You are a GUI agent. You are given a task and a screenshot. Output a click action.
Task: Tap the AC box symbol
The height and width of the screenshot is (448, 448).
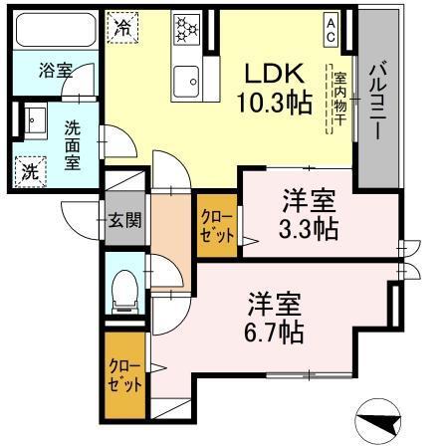click(330, 29)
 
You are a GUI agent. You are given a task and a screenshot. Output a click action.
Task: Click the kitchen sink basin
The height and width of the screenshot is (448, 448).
click(185, 77)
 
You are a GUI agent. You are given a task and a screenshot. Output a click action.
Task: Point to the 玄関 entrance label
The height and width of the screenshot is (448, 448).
click(123, 219)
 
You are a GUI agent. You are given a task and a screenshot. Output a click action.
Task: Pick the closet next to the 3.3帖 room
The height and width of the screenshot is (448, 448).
click(216, 225)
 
